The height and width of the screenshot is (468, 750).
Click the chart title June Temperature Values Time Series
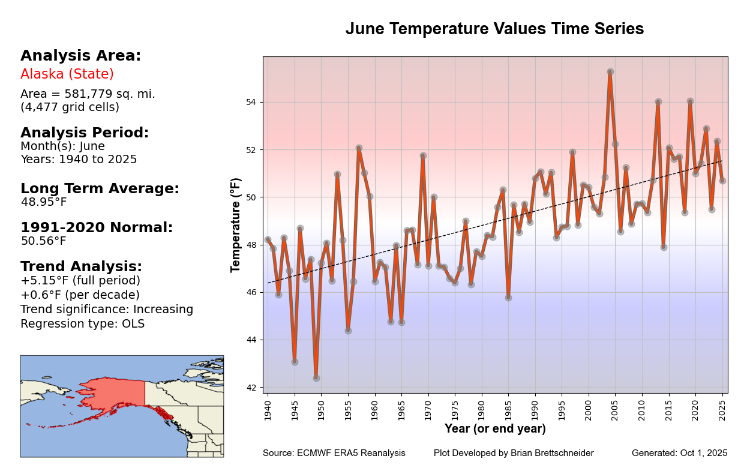(494, 29)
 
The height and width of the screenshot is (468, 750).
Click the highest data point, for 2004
(610, 71)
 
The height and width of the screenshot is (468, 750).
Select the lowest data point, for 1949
(316, 378)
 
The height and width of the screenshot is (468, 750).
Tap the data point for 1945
(295, 362)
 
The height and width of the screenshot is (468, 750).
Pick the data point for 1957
(359, 148)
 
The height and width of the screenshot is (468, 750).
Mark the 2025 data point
(722, 181)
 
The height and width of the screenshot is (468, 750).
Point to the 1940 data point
(268, 240)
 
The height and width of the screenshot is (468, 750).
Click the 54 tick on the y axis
(250, 102)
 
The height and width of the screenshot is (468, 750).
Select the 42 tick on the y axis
(250, 388)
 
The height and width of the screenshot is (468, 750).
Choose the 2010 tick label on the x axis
(642, 409)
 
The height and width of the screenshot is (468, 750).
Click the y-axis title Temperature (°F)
(236, 225)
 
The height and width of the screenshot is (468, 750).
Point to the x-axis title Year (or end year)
(495, 429)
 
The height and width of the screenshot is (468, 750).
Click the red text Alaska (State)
(67, 74)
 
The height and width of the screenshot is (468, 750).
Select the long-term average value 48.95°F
(44, 202)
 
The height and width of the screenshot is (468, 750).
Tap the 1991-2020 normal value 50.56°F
(44, 241)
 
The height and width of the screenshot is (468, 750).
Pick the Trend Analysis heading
(82, 267)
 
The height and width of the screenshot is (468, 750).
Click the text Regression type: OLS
(82, 324)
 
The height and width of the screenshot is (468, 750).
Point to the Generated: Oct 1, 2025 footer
(679, 453)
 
